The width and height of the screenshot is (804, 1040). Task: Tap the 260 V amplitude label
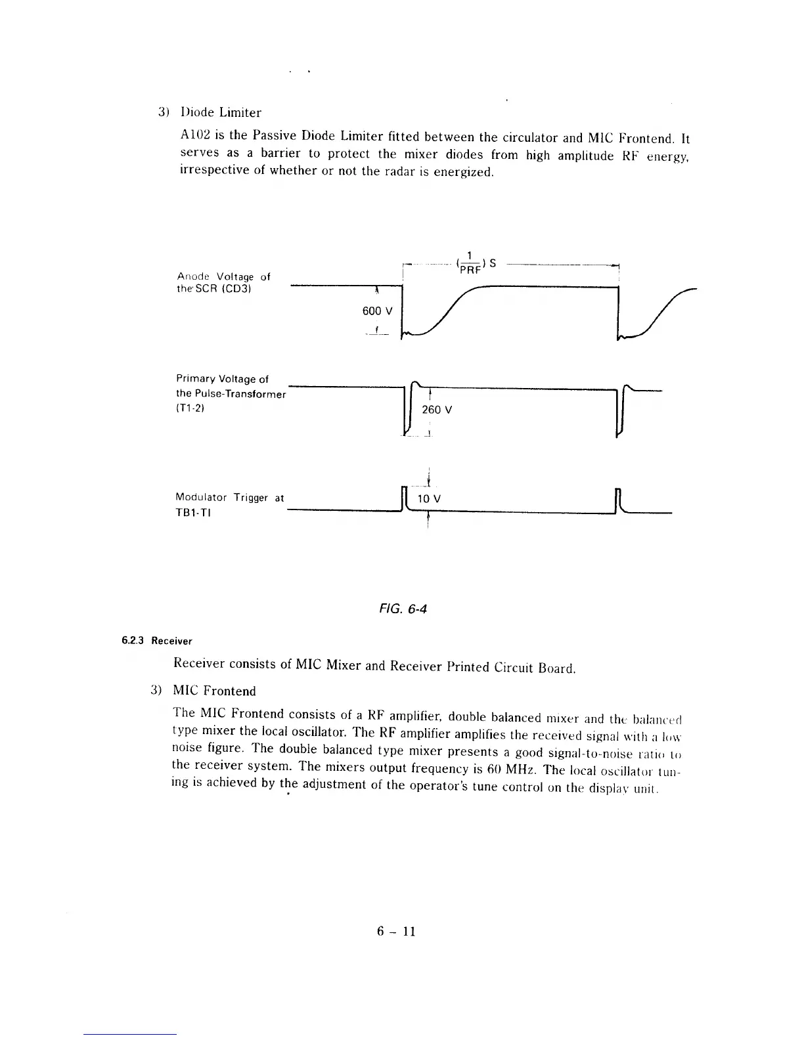point(437,410)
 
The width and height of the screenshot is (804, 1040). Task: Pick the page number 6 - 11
point(397,931)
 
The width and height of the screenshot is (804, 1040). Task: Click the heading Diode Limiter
point(221,112)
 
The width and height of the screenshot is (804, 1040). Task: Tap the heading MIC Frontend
point(214,691)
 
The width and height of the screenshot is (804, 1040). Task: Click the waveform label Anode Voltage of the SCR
point(223,282)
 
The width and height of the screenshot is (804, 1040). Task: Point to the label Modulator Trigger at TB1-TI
point(229,504)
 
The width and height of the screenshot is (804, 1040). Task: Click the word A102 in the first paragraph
point(194,135)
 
